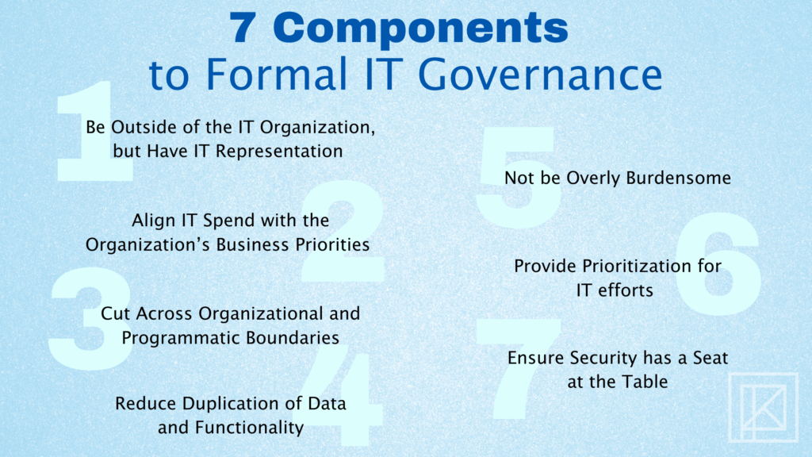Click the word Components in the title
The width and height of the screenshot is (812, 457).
click(x=420, y=29)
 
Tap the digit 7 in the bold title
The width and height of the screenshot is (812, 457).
click(x=243, y=28)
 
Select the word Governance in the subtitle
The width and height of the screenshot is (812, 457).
click(x=540, y=74)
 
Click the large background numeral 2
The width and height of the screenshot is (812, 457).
click(x=343, y=231)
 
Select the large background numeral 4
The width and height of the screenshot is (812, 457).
click(x=339, y=395)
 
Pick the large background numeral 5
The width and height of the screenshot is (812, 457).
click(x=519, y=178)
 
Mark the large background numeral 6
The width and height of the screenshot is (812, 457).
click(x=718, y=264)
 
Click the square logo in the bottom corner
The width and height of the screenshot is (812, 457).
click(x=764, y=407)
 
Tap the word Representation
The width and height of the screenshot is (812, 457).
click(x=278, y=152)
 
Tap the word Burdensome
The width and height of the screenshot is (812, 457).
click(x=679, y=179)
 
